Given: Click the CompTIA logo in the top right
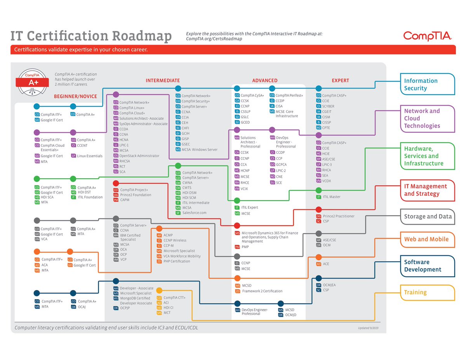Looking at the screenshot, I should (427, 36).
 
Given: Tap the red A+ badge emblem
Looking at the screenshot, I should (33, 82).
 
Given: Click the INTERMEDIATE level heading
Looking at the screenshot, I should (163, 81).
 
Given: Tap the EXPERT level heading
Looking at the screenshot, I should (340, 81).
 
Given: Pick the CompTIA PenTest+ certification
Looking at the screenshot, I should (289, 95).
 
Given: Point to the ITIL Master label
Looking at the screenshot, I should (331, 197).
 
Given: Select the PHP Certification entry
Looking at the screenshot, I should (177, 261).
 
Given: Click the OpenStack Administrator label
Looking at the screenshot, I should (139, 156).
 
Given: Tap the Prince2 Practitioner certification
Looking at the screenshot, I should (339, 216).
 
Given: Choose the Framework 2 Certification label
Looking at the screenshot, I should (262, 291).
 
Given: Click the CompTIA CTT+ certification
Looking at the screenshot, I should (174, 297).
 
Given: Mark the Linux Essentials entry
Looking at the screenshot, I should (90, 156).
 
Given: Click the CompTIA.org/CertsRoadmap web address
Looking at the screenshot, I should (214, 39).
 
